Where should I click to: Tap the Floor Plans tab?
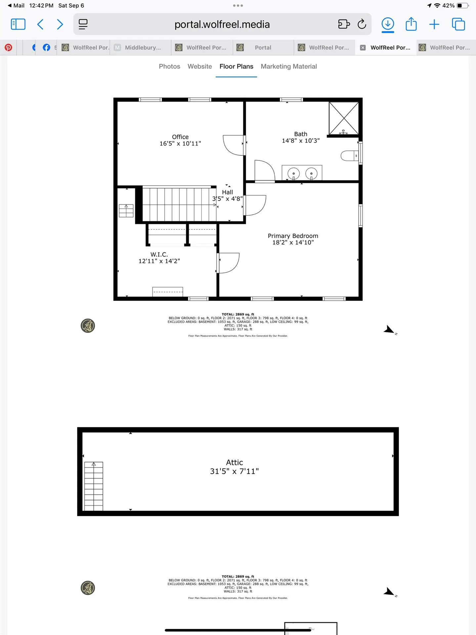[x=236, y=66]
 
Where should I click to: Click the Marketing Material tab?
[x=288, y=66]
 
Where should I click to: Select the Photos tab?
[x=169, y=66]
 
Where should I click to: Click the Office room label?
[x=180, y=137]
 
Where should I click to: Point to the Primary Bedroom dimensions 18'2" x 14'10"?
[x=293, y=242]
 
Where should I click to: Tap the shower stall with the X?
[x=344, y=118]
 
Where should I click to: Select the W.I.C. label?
[x=159, y=254]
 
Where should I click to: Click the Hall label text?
[x=227, y=192]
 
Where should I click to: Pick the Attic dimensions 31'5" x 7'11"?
[x=234, y=471]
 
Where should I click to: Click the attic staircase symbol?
[x=94, y=486]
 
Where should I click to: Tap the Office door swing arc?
[x=233, y=146]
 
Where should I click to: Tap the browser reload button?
[x=362, y=24]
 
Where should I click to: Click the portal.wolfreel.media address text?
[x=222, y=24]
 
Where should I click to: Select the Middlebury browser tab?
[x=142, y=48]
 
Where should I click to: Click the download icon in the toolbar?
[x=388, y=24]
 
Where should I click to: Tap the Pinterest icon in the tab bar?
[x=8, y=48]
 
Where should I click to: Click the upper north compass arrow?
[x=389, y=330]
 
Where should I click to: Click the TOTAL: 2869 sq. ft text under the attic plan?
[x=238, y=576]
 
